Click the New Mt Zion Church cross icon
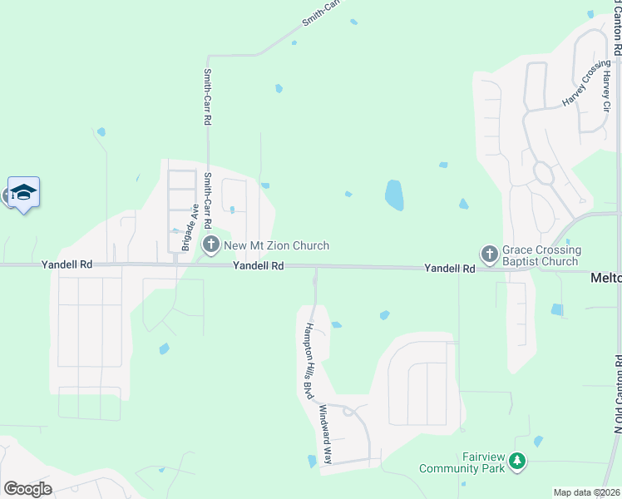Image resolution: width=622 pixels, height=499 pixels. tap(211, 245)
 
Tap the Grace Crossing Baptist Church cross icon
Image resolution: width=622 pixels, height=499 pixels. tap(489, 253)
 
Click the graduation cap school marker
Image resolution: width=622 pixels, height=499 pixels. tap(24, 193)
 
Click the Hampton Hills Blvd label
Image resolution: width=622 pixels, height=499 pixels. tap(309, 360)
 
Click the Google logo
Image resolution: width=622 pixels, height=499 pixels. tap(27, 489)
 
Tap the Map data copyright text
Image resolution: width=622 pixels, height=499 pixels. tap(587, 492)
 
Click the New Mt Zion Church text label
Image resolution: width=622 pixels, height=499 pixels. tap(277, 245)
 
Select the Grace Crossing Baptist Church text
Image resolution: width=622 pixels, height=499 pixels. tap(541, 255)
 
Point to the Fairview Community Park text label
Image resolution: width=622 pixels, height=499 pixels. tap(473, 463)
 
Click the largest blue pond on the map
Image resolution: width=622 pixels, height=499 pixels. tap(394, 195)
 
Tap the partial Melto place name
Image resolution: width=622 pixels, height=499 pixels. tap(606, 278)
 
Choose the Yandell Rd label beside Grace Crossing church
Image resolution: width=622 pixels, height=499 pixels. tap(449, 269)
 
